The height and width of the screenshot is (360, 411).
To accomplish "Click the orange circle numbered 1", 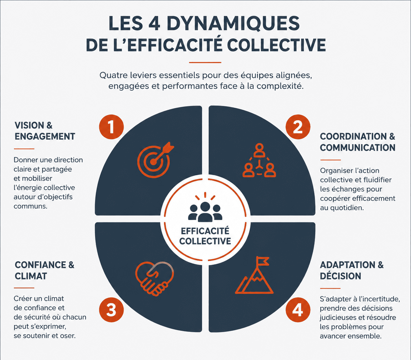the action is coord(111,127).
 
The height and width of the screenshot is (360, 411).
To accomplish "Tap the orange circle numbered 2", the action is coord(298,127).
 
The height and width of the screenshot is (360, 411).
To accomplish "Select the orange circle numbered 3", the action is coord(111,310).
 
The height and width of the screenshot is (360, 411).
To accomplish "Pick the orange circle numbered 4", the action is coord(298,310).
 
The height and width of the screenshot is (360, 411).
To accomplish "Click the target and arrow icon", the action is coord(155,160).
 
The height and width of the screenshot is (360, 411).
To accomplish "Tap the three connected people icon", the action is coord(259,160).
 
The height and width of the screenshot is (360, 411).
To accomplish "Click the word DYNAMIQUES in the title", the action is coord(233,23).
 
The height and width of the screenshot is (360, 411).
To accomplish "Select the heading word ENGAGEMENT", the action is coord(45,136).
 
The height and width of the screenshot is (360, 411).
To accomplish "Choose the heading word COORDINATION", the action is coord(353,136).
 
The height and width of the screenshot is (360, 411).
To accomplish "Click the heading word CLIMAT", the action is coord(31,276).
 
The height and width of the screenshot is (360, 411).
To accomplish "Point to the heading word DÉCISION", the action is coord(341,275).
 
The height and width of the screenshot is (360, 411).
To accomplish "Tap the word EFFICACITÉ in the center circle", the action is coord(205,231).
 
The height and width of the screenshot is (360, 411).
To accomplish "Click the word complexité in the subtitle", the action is coord(280,86).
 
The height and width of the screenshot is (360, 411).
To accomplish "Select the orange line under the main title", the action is coord(205,63).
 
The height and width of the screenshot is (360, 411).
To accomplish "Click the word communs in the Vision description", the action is coord(30,206).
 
